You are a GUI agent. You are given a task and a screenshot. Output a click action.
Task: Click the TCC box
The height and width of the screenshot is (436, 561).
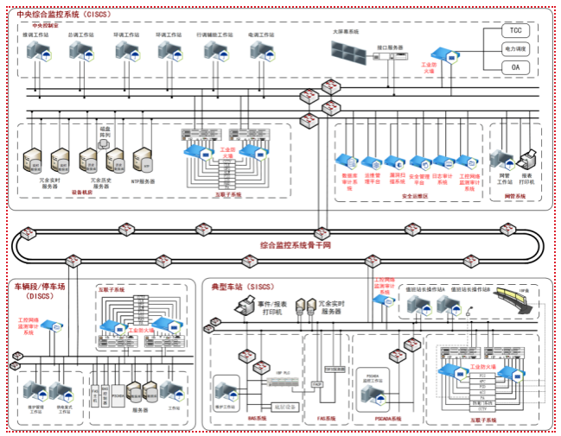click(x=515, y=31)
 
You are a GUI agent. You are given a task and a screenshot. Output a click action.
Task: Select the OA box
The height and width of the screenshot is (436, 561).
click(x=515, y=66)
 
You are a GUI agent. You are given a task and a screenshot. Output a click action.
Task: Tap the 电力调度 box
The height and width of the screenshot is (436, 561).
click(x=515, y=49)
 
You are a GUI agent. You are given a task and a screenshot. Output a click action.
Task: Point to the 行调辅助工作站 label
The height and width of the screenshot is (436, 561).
click(x=214, y=35)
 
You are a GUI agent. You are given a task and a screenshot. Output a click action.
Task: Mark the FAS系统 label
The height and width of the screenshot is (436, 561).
click(x=325, y=418)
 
